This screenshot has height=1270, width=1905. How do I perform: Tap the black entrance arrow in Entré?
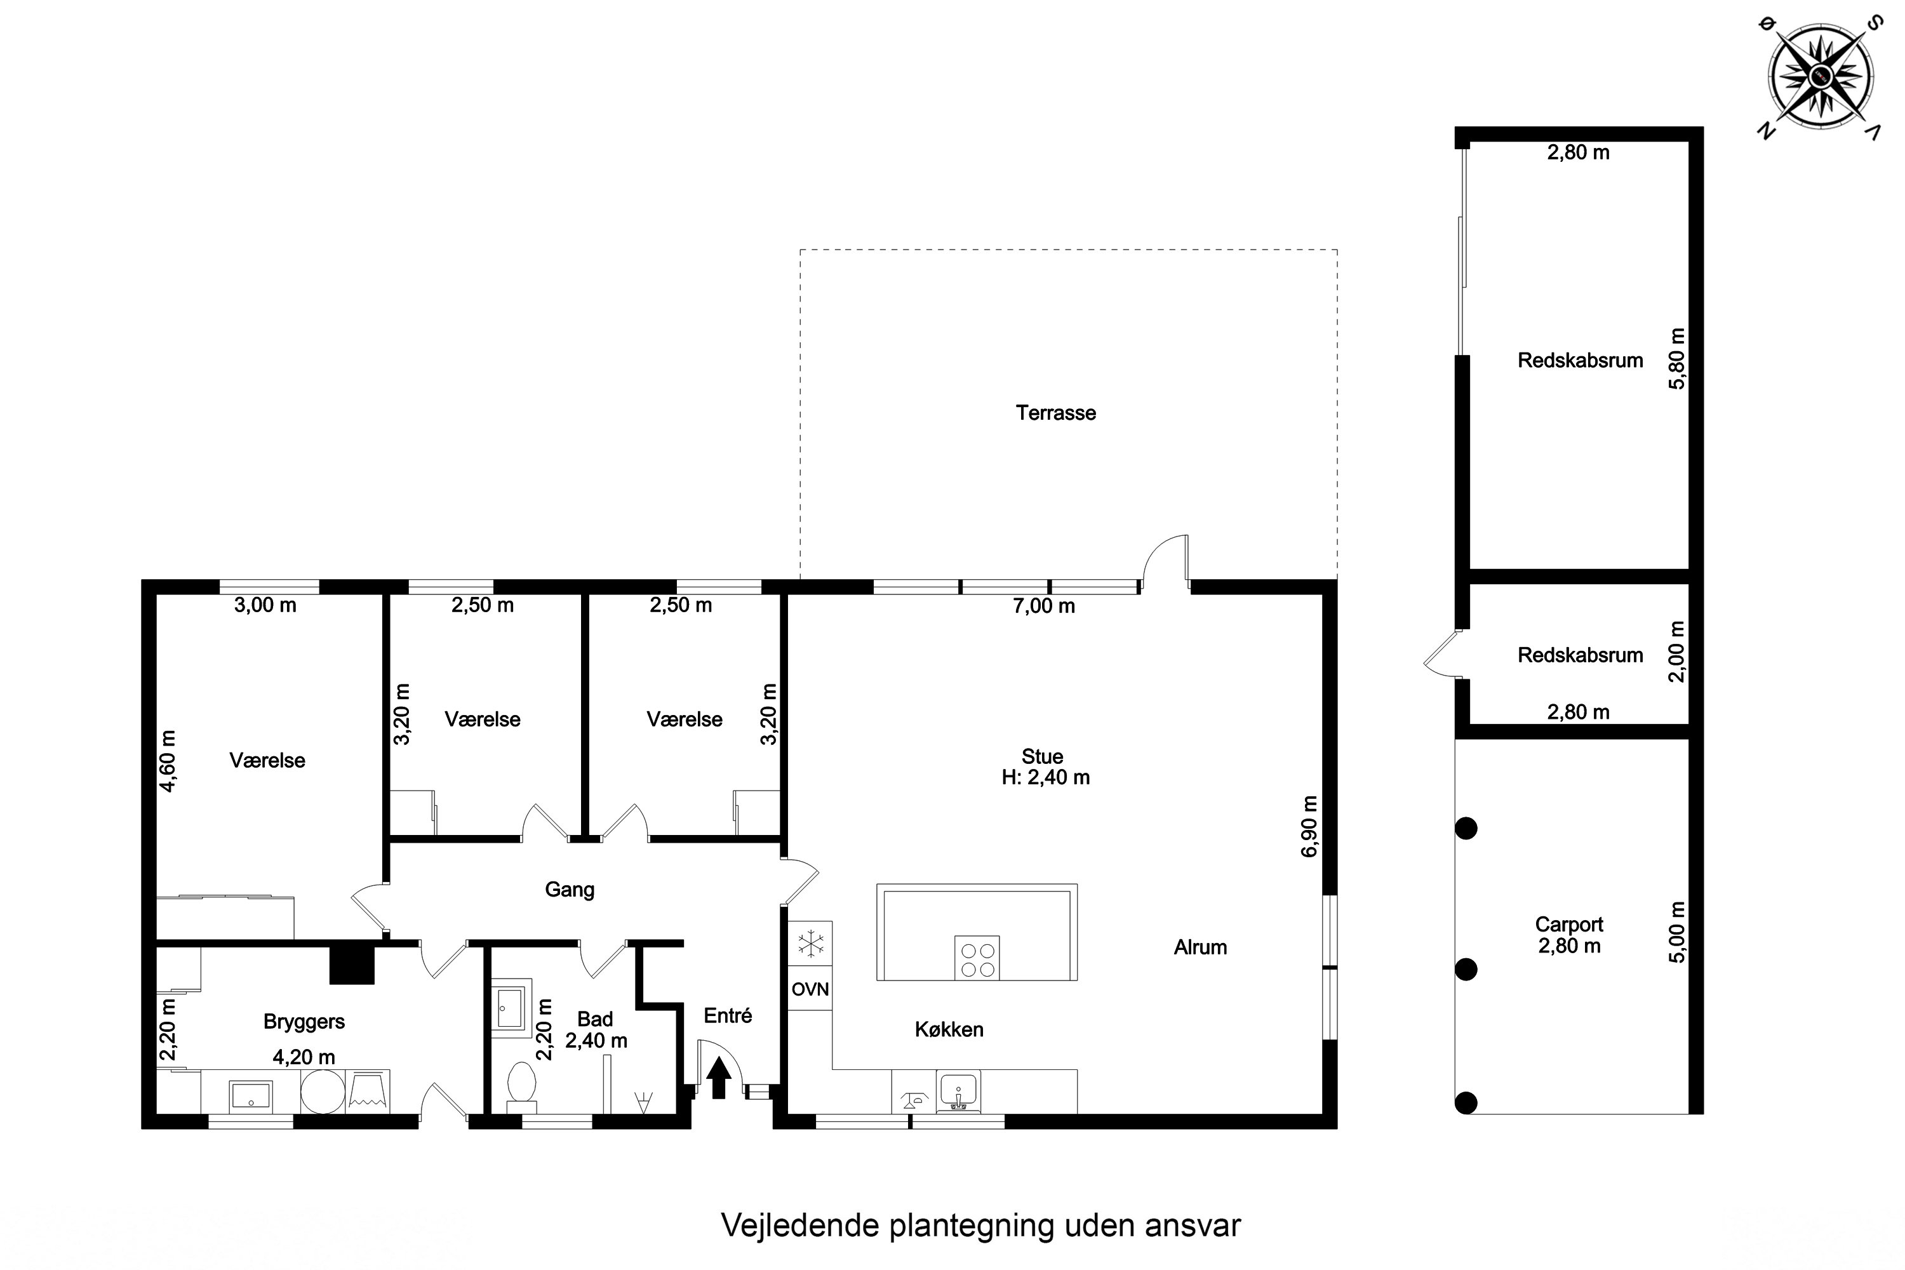718,1079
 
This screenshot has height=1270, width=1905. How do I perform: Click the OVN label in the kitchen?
810,989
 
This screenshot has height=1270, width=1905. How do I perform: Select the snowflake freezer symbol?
810,944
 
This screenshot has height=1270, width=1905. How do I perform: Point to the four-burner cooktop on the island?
977,958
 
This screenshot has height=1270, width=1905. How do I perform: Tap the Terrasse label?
1056,413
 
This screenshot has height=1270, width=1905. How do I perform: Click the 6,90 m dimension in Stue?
1309,825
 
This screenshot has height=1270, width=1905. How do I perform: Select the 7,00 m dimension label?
1044,606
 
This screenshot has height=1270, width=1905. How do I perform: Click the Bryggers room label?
304,1022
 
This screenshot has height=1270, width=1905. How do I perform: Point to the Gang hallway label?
570,890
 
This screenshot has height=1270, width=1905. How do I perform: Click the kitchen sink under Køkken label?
958,1092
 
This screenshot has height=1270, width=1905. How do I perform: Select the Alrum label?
1200,947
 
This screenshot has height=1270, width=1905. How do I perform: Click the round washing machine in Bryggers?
323,1091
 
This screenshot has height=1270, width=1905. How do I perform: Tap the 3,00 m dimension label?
265,605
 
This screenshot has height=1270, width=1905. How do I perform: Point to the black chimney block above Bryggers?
352,965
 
